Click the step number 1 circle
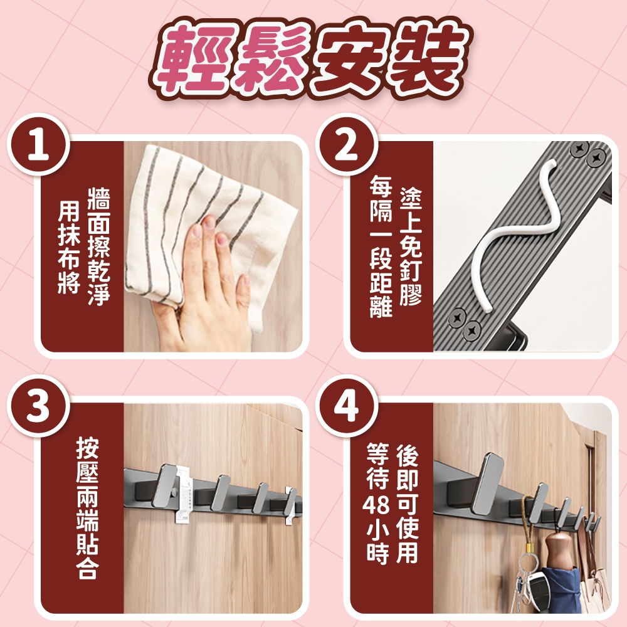pyautogui.click(x=38, y=145)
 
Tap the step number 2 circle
pyautogui.click(x=347, y=145)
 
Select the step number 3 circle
pyautogui.click(x=38, y=406)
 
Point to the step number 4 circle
pyautogui.click(x=347, y=406)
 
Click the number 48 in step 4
pyautogui.click(x=377, y=505)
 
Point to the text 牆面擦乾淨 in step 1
pyautogui.click(x=99, y=246)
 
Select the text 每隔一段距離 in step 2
pyautogui.click(x=381, y=246)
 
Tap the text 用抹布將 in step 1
pyautogui.click(x=69, y=247)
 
